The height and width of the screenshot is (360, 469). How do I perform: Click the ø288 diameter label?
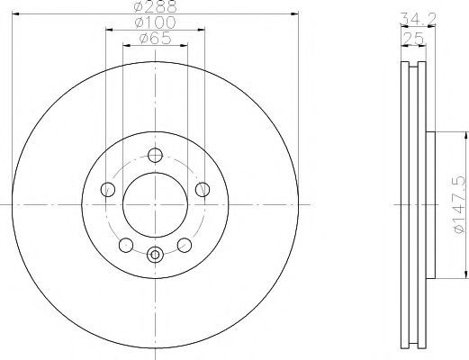click(156, 6)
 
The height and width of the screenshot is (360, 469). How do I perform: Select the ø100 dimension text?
click(155, 22)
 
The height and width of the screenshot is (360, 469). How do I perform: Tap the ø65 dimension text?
click(155, 39)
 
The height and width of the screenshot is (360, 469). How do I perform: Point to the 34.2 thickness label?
click(418, 19)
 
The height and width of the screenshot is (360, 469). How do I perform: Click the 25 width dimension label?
click(413, 38)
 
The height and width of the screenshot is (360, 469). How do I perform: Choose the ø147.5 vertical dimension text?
click(460, 205)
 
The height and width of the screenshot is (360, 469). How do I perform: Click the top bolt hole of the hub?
click(155, 156)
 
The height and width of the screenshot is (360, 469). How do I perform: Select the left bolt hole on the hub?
click(108, 190)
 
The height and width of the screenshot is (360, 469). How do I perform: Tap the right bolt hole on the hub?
click(203, 190)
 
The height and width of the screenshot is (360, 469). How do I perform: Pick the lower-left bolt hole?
click(126, 245)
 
